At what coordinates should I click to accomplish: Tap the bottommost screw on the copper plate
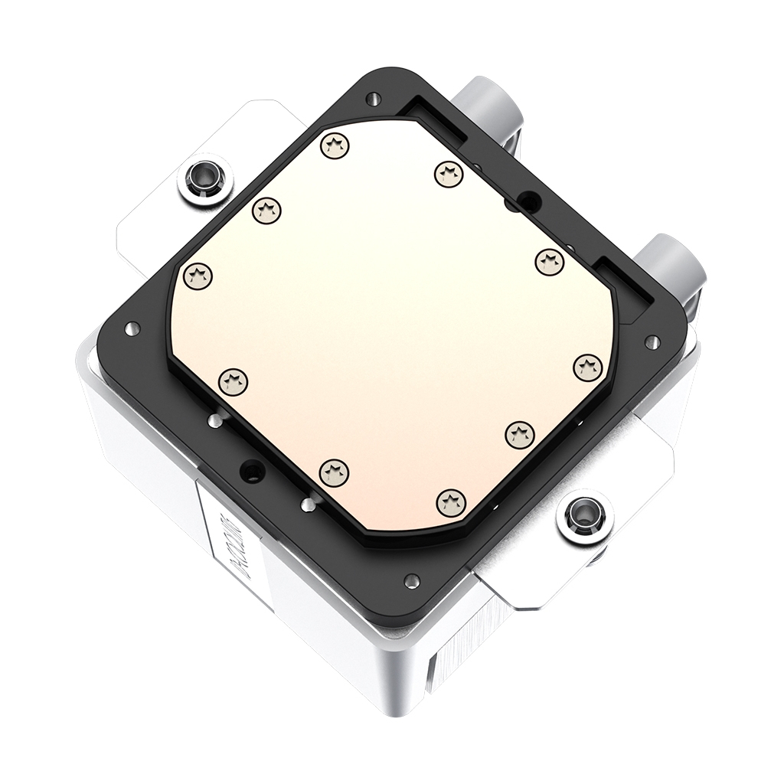(450, 501)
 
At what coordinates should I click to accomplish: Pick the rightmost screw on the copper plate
(586, 366)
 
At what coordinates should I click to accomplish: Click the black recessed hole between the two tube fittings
(528, 201)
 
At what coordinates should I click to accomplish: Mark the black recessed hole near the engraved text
(250, 469)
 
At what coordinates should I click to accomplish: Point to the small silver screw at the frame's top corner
(372, 98)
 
